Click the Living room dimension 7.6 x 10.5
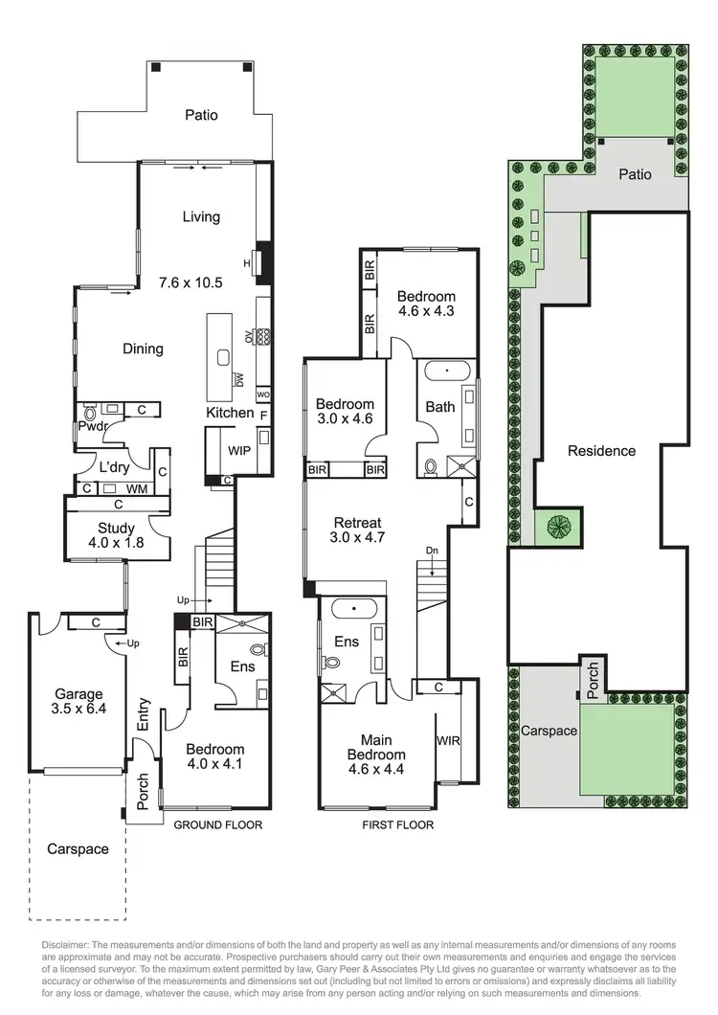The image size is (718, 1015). [191, 282]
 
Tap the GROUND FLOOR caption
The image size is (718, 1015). [216, 824]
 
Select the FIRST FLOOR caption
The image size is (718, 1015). [398, 824]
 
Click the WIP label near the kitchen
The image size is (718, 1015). [239, 450]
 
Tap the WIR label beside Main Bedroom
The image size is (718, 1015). [448, 740]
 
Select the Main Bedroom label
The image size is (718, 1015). [379, 746]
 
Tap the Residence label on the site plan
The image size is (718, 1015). [601, 450]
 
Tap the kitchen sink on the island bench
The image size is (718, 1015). [223, 357]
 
